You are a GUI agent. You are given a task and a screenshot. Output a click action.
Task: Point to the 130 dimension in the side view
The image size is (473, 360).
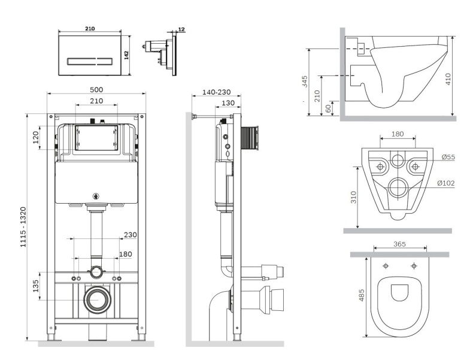(x=228, y=103)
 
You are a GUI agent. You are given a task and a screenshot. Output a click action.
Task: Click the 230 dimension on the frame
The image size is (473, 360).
(x=131, y=234)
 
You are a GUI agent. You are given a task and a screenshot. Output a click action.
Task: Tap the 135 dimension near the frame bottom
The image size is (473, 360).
(x=36, y=285)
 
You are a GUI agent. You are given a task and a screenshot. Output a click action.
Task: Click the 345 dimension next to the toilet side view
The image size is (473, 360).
(x=305, y=82)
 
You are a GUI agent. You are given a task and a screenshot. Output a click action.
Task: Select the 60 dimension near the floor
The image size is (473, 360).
(x=328, y=109)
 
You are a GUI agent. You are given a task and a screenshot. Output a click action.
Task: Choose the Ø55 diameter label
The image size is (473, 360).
(x=448, y=158)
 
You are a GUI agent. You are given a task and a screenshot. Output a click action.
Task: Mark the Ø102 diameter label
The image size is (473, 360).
(x=450, y=183)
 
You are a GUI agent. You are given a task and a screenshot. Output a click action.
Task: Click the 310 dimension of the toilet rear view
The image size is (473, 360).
(x=353, y=198)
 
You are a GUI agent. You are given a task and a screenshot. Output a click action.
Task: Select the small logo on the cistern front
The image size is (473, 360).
(x=96, y=194)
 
